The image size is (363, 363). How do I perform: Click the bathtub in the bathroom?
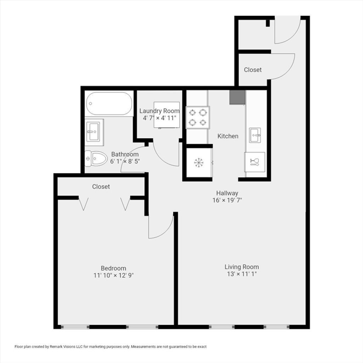[109, 104]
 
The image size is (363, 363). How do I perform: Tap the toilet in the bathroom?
[96, 158]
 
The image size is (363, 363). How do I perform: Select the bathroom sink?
[93, 132]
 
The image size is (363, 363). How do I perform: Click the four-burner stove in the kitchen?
[198, 117]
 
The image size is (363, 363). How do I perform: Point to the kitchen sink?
[255, 135]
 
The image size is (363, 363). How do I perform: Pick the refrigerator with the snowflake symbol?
[199, 162]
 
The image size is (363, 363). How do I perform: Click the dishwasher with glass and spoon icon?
[255, 162]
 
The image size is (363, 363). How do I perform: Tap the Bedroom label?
[113, 268]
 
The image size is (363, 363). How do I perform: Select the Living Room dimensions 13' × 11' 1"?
[242, 274]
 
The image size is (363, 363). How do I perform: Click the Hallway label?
[227, 193]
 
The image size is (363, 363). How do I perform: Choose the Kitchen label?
[228, 136]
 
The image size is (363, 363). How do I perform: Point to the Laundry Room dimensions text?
[160, 118]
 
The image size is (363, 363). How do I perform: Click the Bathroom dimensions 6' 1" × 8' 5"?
[125, 161]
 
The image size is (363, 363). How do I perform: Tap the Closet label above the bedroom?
[101, 186]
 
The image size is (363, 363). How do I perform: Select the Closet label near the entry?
[253, 70]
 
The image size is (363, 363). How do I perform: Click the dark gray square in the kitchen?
[237, 97]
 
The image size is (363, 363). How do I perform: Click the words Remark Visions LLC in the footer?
[66, 347]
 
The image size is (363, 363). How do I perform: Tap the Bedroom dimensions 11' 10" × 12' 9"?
[114, 275]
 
